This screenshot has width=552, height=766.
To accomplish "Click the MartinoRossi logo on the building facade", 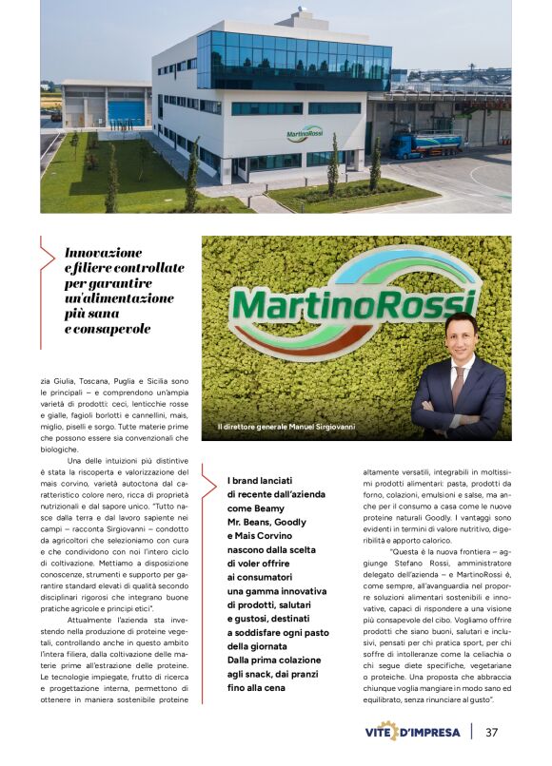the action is [305, 133].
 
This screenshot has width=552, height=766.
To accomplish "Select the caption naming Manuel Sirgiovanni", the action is [286, 427].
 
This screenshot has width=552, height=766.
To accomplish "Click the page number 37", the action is [492, 733].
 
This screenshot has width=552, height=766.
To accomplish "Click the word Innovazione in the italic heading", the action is [104, 253].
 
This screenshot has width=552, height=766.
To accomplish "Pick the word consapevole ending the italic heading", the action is [110, 329].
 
